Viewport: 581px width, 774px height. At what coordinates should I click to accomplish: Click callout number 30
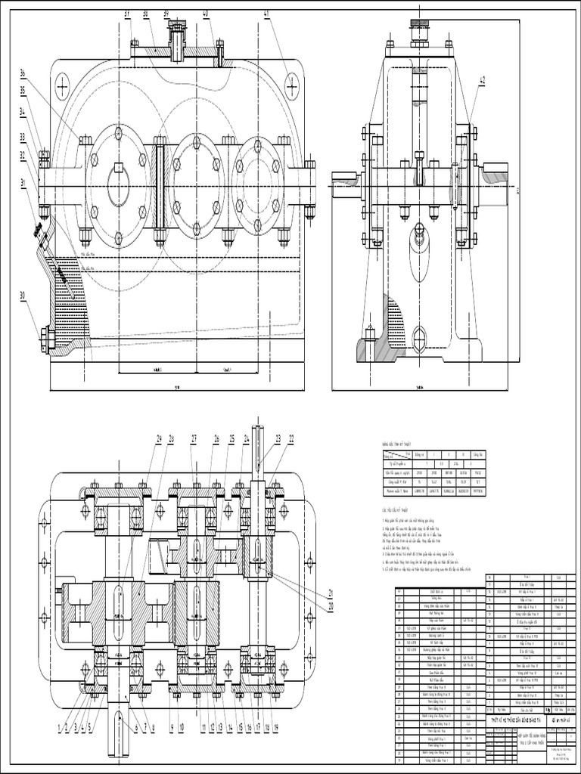[23, 295]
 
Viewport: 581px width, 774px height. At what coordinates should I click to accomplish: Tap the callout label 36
[23, 73]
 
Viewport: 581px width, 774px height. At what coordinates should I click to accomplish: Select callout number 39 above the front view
[166, 14]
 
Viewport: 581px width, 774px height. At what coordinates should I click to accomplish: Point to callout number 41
[266, 14]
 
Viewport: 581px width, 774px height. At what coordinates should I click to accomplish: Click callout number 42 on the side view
[482, 80]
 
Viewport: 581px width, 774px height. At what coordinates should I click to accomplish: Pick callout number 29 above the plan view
[160, 438]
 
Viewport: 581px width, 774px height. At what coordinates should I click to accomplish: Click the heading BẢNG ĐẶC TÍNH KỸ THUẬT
[401, 444]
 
